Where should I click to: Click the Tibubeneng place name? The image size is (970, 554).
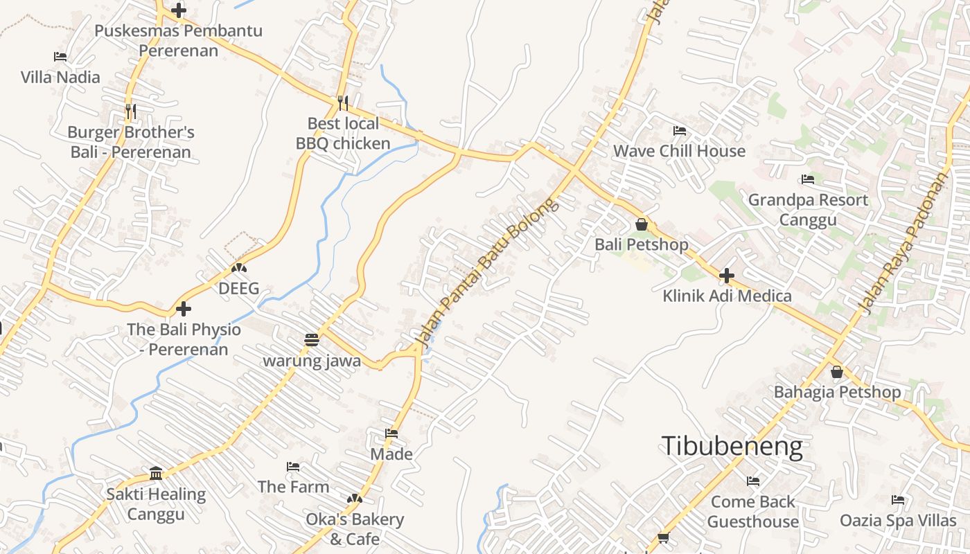click(732, 447)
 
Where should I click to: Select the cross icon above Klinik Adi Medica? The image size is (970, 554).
click(726, 276)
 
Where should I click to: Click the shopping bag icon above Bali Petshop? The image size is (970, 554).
click(642, 224)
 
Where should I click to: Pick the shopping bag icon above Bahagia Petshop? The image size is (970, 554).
click(836, 372)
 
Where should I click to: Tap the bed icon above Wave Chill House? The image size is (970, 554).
click(679, 130)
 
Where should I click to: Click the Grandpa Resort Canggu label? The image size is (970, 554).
click(808, 210)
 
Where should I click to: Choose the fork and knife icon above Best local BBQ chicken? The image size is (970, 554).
click(343, 103)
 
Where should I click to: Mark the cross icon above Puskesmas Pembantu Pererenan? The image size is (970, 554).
click(179, 10)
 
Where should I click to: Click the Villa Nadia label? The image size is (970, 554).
click(60, 77)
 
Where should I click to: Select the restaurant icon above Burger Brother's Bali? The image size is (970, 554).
click(130, 111)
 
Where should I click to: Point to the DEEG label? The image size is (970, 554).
click(238, 288)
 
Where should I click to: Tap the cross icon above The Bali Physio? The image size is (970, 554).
click(184, 309)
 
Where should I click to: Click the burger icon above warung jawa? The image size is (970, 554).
click(311, 340)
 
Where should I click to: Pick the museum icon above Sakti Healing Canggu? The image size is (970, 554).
click(156, 474)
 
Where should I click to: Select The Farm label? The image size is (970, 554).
click(293, 487)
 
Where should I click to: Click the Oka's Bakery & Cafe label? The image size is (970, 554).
click(355, 528)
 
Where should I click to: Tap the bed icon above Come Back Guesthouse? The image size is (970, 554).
click(753, 481)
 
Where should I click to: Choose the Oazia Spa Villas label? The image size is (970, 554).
click(898, 520)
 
